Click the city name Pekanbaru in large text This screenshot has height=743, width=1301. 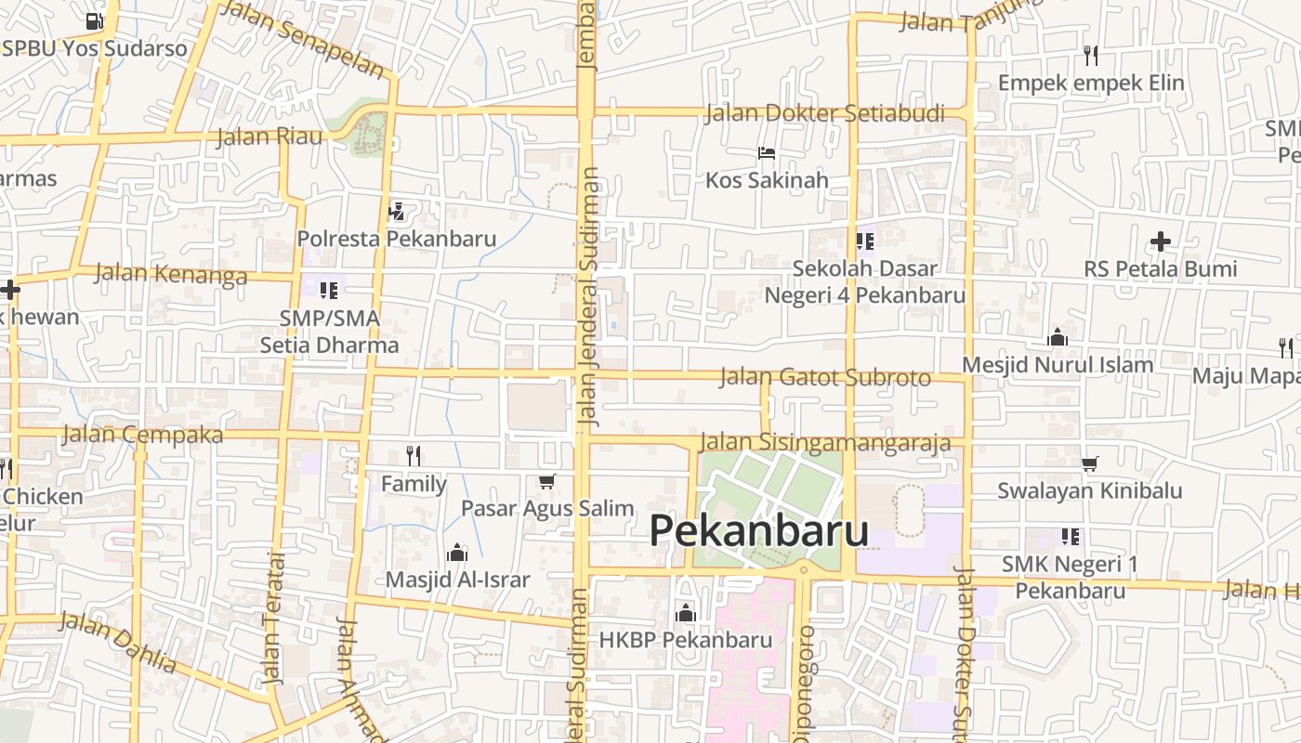click(x=759, y=531)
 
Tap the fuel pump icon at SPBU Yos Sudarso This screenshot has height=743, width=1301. click(x=94, y=20)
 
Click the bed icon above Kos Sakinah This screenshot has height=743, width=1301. click(x=767, y=153)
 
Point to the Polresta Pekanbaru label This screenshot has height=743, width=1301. click(x=397, y=239)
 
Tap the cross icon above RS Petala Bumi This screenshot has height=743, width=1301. click(x=1160, y=242)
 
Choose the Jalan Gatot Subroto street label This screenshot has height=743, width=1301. click(x=825, y=377)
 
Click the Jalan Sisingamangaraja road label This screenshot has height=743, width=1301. click(x=825, y=442)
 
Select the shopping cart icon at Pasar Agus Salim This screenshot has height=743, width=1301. click(x=546, y=481)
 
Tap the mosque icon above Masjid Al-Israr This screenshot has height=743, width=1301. click(x=456, y=554)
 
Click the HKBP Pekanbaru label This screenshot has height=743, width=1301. click(x=686, y=640)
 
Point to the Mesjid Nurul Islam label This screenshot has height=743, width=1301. click(x=1058, y=365)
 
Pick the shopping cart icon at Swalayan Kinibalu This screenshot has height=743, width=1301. click(x=1090, y=463)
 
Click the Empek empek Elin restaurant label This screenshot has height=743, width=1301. click(x=1091, y=83)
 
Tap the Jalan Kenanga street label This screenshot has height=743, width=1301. click(x=171, y=274)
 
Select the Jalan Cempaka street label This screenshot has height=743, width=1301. click(x=143, y=435)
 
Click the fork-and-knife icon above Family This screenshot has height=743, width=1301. click(x=414, y=455)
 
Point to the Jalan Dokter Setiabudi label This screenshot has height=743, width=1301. click(x=825, y=114)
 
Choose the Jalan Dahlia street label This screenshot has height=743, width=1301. click(x=118, y=641)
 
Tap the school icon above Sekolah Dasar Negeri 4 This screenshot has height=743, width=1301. click(x=865, y=241)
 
